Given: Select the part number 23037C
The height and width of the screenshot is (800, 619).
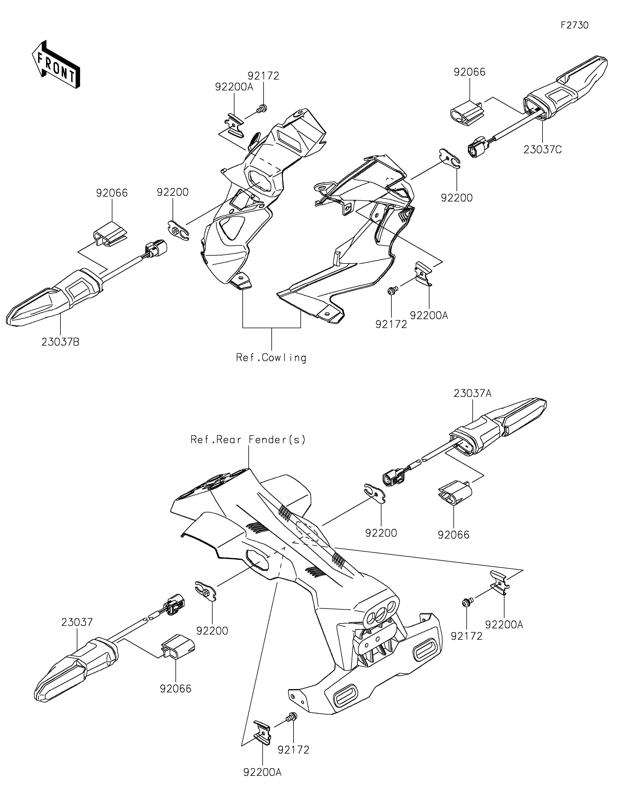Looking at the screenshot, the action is click(542, 150).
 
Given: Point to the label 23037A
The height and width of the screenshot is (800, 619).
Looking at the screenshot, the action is click(473, 393).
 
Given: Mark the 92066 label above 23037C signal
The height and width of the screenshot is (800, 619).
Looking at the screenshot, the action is click(470, 72).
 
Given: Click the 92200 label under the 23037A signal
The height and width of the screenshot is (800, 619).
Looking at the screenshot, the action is click(381, 533).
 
